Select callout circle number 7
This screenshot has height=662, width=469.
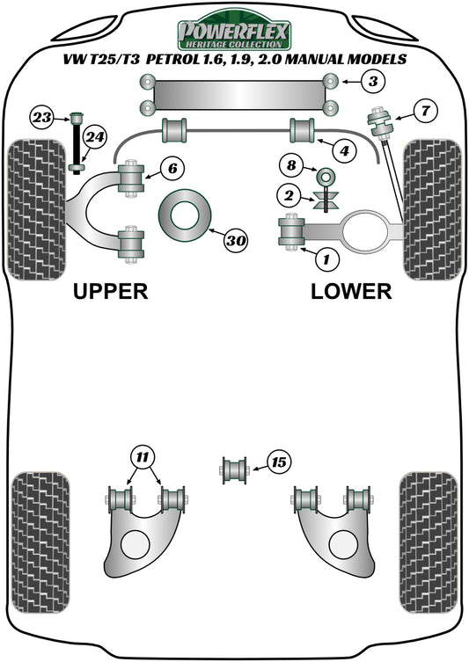pos(425,111)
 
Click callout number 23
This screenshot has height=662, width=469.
pos(41,115)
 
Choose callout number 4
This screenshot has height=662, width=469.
pos(347,150)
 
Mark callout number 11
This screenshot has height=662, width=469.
pos(142,456)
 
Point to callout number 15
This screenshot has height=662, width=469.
pos(278,462)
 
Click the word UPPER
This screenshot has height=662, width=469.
pos(110,291)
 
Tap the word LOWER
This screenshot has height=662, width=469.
pos(351,291)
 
